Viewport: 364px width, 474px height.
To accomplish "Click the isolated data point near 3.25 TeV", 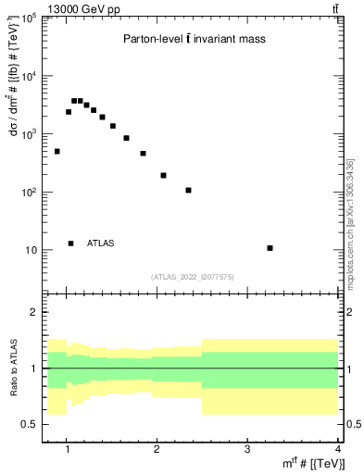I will coord(270,248).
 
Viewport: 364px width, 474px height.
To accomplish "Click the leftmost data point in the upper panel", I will coord(57,151).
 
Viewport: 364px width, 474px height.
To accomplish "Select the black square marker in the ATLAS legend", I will coord(70,243).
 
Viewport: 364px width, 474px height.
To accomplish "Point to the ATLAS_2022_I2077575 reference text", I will coord(193,276).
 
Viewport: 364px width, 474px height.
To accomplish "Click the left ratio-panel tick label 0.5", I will coord(31,424).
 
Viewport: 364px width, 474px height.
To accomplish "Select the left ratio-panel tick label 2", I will coord(35,312).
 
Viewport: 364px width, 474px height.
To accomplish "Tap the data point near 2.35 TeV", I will coord(188,191).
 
